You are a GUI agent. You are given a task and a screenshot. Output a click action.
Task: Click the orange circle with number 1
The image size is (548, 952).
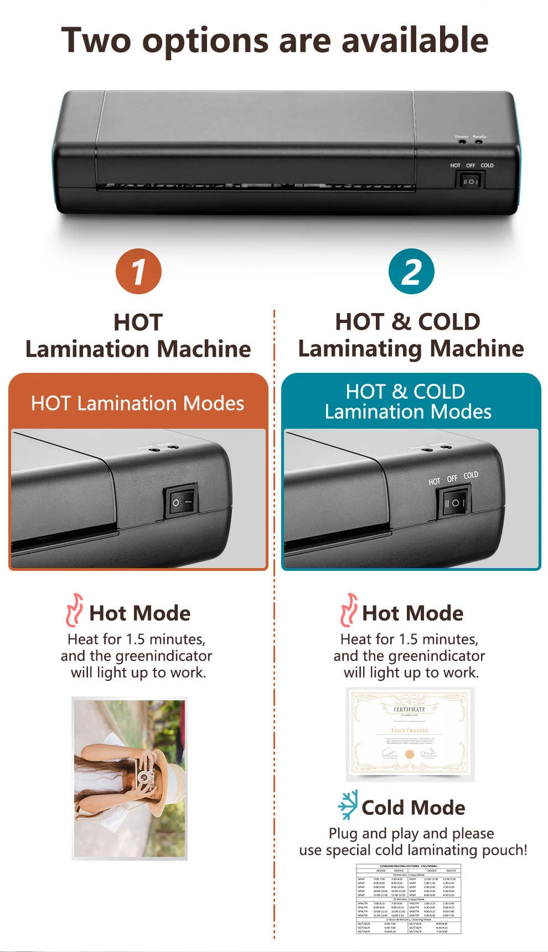(138, 271)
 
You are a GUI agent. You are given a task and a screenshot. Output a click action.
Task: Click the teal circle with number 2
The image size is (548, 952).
(411, 271)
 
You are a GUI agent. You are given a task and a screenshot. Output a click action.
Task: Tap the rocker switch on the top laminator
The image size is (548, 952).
(470, 181)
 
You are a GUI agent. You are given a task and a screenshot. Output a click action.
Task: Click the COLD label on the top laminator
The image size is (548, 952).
(487, 165)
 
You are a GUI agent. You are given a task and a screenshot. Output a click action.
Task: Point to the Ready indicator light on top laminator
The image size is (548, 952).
(479, 142)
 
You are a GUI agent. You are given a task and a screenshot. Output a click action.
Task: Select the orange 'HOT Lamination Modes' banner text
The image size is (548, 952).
(137, 403)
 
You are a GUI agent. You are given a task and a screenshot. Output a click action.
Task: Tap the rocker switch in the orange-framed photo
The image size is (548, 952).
(182, 502)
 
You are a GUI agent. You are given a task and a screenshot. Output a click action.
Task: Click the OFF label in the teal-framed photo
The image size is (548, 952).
(452, 478)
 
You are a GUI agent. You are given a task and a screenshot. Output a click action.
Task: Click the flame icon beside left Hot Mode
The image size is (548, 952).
(74, 610)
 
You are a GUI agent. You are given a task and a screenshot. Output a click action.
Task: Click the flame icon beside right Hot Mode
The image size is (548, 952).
(348, 610)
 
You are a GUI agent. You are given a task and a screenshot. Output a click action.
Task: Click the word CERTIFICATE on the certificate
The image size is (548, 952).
(410, 709)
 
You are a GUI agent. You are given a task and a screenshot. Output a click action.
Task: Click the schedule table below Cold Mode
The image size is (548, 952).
(409, 899)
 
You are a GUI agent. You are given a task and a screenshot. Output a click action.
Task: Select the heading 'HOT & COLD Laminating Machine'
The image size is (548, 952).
(410, 335)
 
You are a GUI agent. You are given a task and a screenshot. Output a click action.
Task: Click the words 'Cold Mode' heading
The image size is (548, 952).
(413, 808)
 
